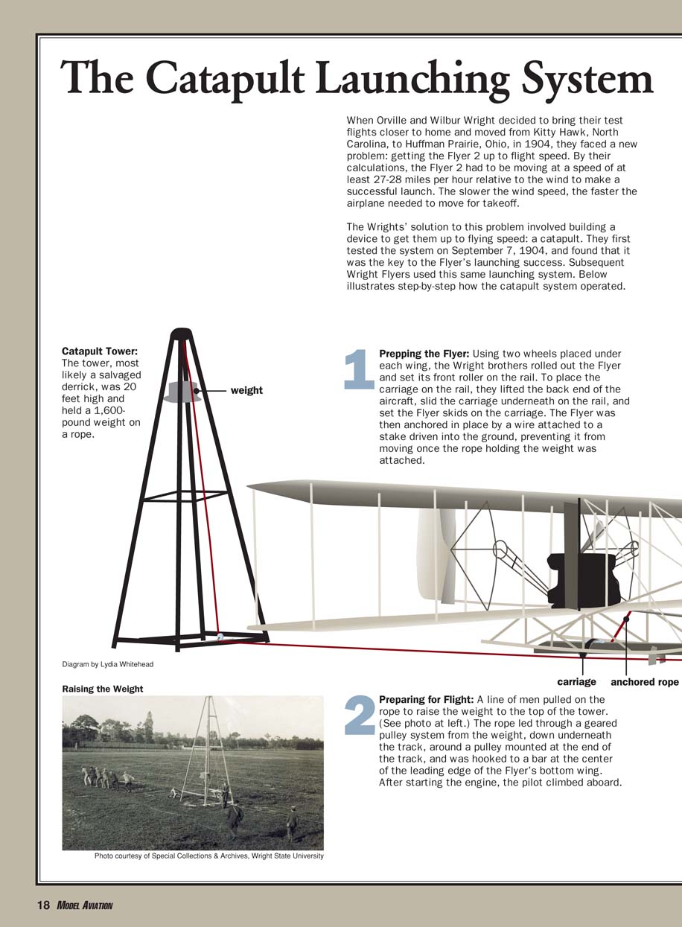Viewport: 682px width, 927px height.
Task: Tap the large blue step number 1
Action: [x=358, y=369]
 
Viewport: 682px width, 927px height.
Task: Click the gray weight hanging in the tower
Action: [x=182, y=392]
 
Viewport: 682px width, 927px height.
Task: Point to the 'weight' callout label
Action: [x=246, y=390]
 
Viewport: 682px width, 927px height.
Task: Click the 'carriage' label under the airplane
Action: [x=576, y=681]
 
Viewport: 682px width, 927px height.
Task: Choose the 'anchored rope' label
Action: [x=644, y=681]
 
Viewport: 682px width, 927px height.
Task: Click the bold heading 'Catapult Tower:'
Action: [x=99, y=351]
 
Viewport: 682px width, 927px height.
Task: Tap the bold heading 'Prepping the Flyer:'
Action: [x=424, y=354]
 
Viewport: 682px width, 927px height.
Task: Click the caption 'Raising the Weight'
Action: [x=102, y=689]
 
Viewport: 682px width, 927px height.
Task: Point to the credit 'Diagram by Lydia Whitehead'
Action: [x=107, y=664]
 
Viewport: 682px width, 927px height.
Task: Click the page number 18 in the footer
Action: [x=43, y=905]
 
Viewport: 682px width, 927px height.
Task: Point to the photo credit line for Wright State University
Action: [x=208, y=856]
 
